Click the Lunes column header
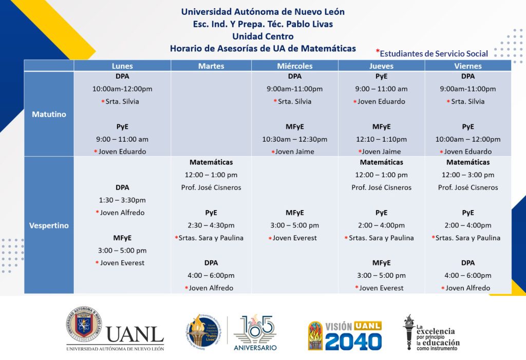pyautogui.click(x=122, y=66)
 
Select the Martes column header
pyautogui.click(x=211, y=66)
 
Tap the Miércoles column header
pyautogui.click(x=294, y=66)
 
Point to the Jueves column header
pyautogui.click(x=382, y=66)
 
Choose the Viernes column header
pyautogui.click(x=468, y=66)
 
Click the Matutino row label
pyautogui.click(x=49, y=114)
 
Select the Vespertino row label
pyautogui.click(x=49, y=225)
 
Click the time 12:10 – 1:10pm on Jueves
pyautogui.click(x=382, y=139)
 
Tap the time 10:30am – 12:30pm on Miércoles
pyautogui.click(x=294, y=139)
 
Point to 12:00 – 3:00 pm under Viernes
pyautogui.click(x=468, y=175)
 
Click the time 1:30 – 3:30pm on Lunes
pyautogui.click(x=122, y=200)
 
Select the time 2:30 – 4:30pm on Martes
pyautogui.click(x=211, y=225)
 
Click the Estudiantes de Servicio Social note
pyautogui.click(x=432, y=53)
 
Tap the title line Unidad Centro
pyautogui.click(x=263, y=36)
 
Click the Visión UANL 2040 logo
pyautogui.click(x=345, y=335)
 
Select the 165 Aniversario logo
pyautogui.click(x=255, y=333)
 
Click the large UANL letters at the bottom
pyautogui.click(x=135, y=334)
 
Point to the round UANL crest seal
pyautogui.click(x=84, y=324)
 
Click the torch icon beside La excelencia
pyautogui.click(x=409, y=332)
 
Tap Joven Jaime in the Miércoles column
pyautogui.click(x=294, y=151)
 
